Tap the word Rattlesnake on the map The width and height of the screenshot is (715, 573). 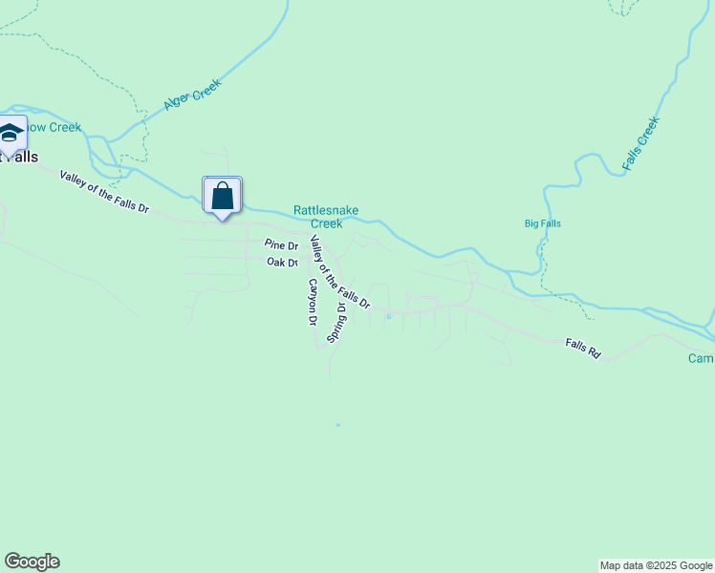325,210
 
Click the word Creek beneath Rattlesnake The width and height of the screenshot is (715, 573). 327,223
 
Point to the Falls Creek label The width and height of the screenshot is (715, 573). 640,144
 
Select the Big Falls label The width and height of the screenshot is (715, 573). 542,223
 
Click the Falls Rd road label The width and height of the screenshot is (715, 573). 581,349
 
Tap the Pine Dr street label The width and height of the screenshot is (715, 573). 281,245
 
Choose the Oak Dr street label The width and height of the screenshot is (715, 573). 282,262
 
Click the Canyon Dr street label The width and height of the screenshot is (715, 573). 312,302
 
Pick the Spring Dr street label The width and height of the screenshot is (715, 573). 336,323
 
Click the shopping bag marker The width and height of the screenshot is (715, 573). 223,196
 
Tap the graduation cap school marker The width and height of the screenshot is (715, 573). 11,133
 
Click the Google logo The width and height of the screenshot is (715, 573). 32,562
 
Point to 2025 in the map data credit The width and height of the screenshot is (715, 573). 659,565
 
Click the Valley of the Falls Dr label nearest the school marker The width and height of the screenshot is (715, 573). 105,192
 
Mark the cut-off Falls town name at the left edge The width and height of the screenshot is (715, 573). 19,157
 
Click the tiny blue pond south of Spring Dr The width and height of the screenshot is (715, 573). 337,425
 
